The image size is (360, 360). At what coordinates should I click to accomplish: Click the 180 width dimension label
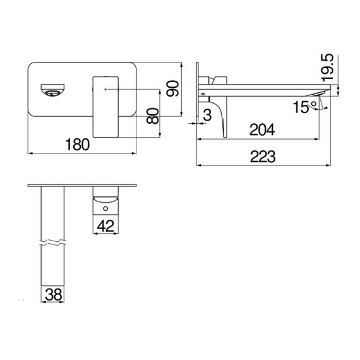pyautogui.click(x=77, y=145)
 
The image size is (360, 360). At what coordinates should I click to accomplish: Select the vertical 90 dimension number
pyautogui.click(x=172, y=88)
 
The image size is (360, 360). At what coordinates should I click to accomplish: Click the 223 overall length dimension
pyautogui.click(x=262, y=158)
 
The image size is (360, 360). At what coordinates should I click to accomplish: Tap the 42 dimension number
pyautogui.click(x=106, y=225)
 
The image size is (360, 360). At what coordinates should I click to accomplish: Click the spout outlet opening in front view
pyautogui.click(x=52, y=92)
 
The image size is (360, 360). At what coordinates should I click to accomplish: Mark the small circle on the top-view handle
pyautogui.click(x=105, y=205)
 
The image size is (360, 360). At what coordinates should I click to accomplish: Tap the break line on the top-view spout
pyautogui.click(x=53, y=243)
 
